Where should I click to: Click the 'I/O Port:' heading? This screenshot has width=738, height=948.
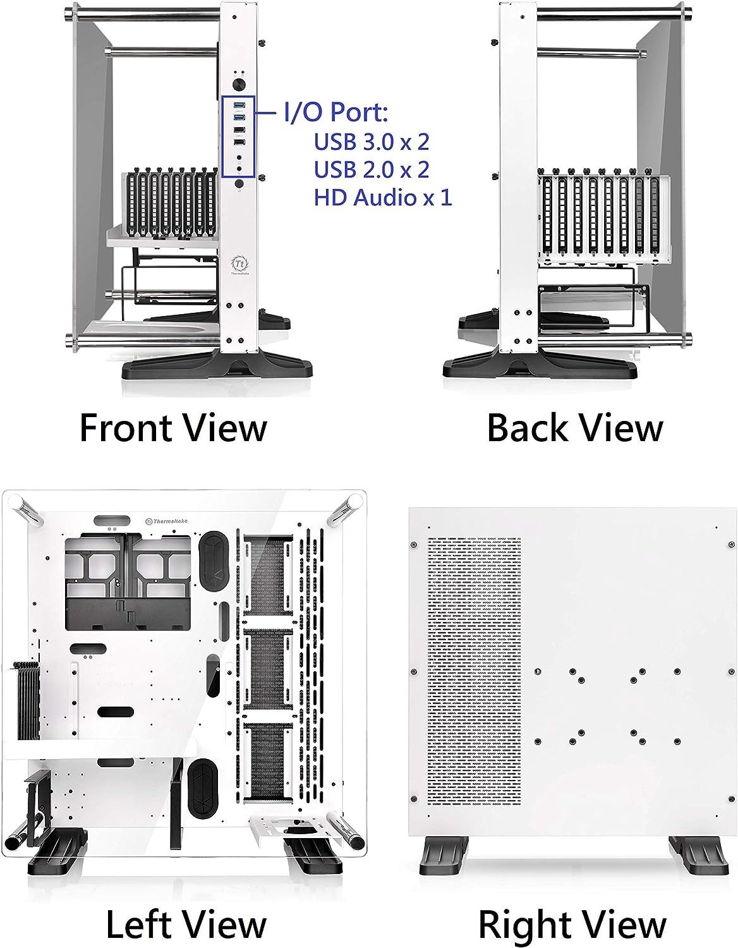[336, 112]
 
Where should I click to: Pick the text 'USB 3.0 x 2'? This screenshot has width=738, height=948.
[372, 142]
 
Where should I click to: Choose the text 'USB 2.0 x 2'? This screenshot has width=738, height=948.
[372, 169]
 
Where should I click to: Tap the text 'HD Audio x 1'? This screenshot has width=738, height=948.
[382, 197]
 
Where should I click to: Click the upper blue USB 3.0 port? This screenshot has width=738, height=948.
[239, 105]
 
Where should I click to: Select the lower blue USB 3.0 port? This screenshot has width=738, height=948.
[239, 118]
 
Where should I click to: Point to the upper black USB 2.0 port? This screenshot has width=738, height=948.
[239, 130]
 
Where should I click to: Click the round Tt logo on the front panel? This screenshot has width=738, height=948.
[239, 264]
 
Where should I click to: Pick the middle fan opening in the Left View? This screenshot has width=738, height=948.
[267, 672]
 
